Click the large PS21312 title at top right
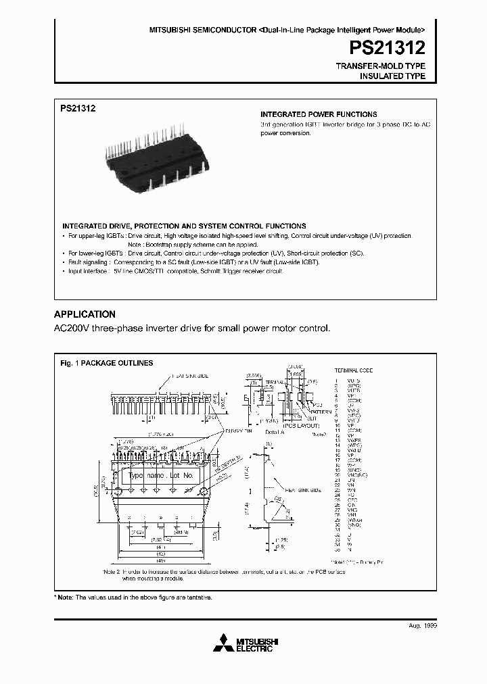[x=387, y=48]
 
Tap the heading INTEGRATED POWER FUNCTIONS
[x=319, y=114]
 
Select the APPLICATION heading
[x=85, y=314]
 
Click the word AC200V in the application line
[x=70, y=328]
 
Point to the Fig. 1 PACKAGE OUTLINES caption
[x=107, y=363]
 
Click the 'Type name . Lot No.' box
[x=161, y=476]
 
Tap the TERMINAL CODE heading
[x=354, y=370]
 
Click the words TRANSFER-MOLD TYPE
[x=381, y=66]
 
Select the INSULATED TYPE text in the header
[x=392, y=76]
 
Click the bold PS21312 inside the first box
[x=78, y=107]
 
